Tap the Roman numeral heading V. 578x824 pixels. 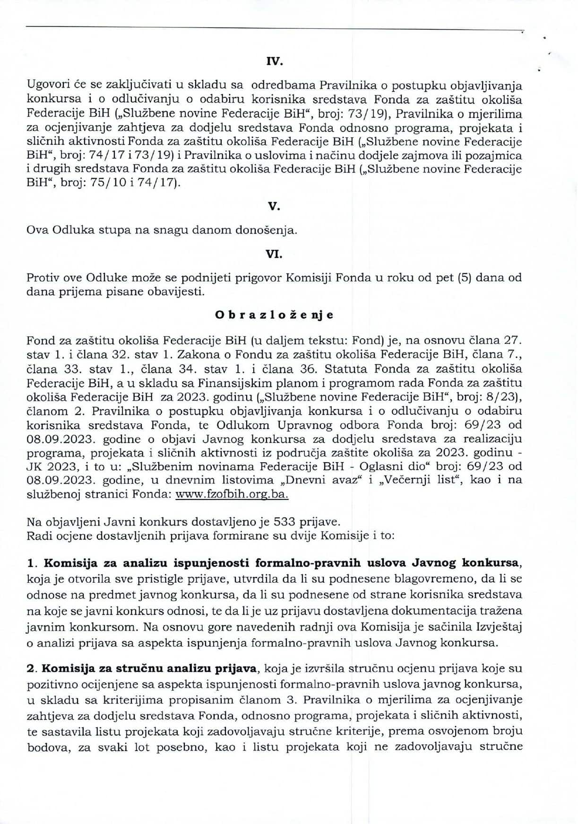point(274,206)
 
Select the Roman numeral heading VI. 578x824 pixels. point(274,254)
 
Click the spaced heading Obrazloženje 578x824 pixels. point(274,315)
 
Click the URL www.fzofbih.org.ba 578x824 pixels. point(232,494)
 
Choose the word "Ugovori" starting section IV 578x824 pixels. point(46,86)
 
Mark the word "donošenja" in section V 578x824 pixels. point(273,230)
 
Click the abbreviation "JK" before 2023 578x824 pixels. point(34,466)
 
